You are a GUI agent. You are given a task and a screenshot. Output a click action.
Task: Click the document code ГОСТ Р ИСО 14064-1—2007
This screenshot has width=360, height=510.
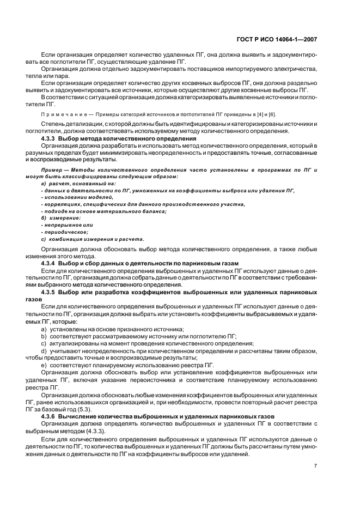click(x=281, y=39)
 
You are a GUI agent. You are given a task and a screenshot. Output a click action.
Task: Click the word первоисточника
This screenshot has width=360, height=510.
click(x=157, y=379)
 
